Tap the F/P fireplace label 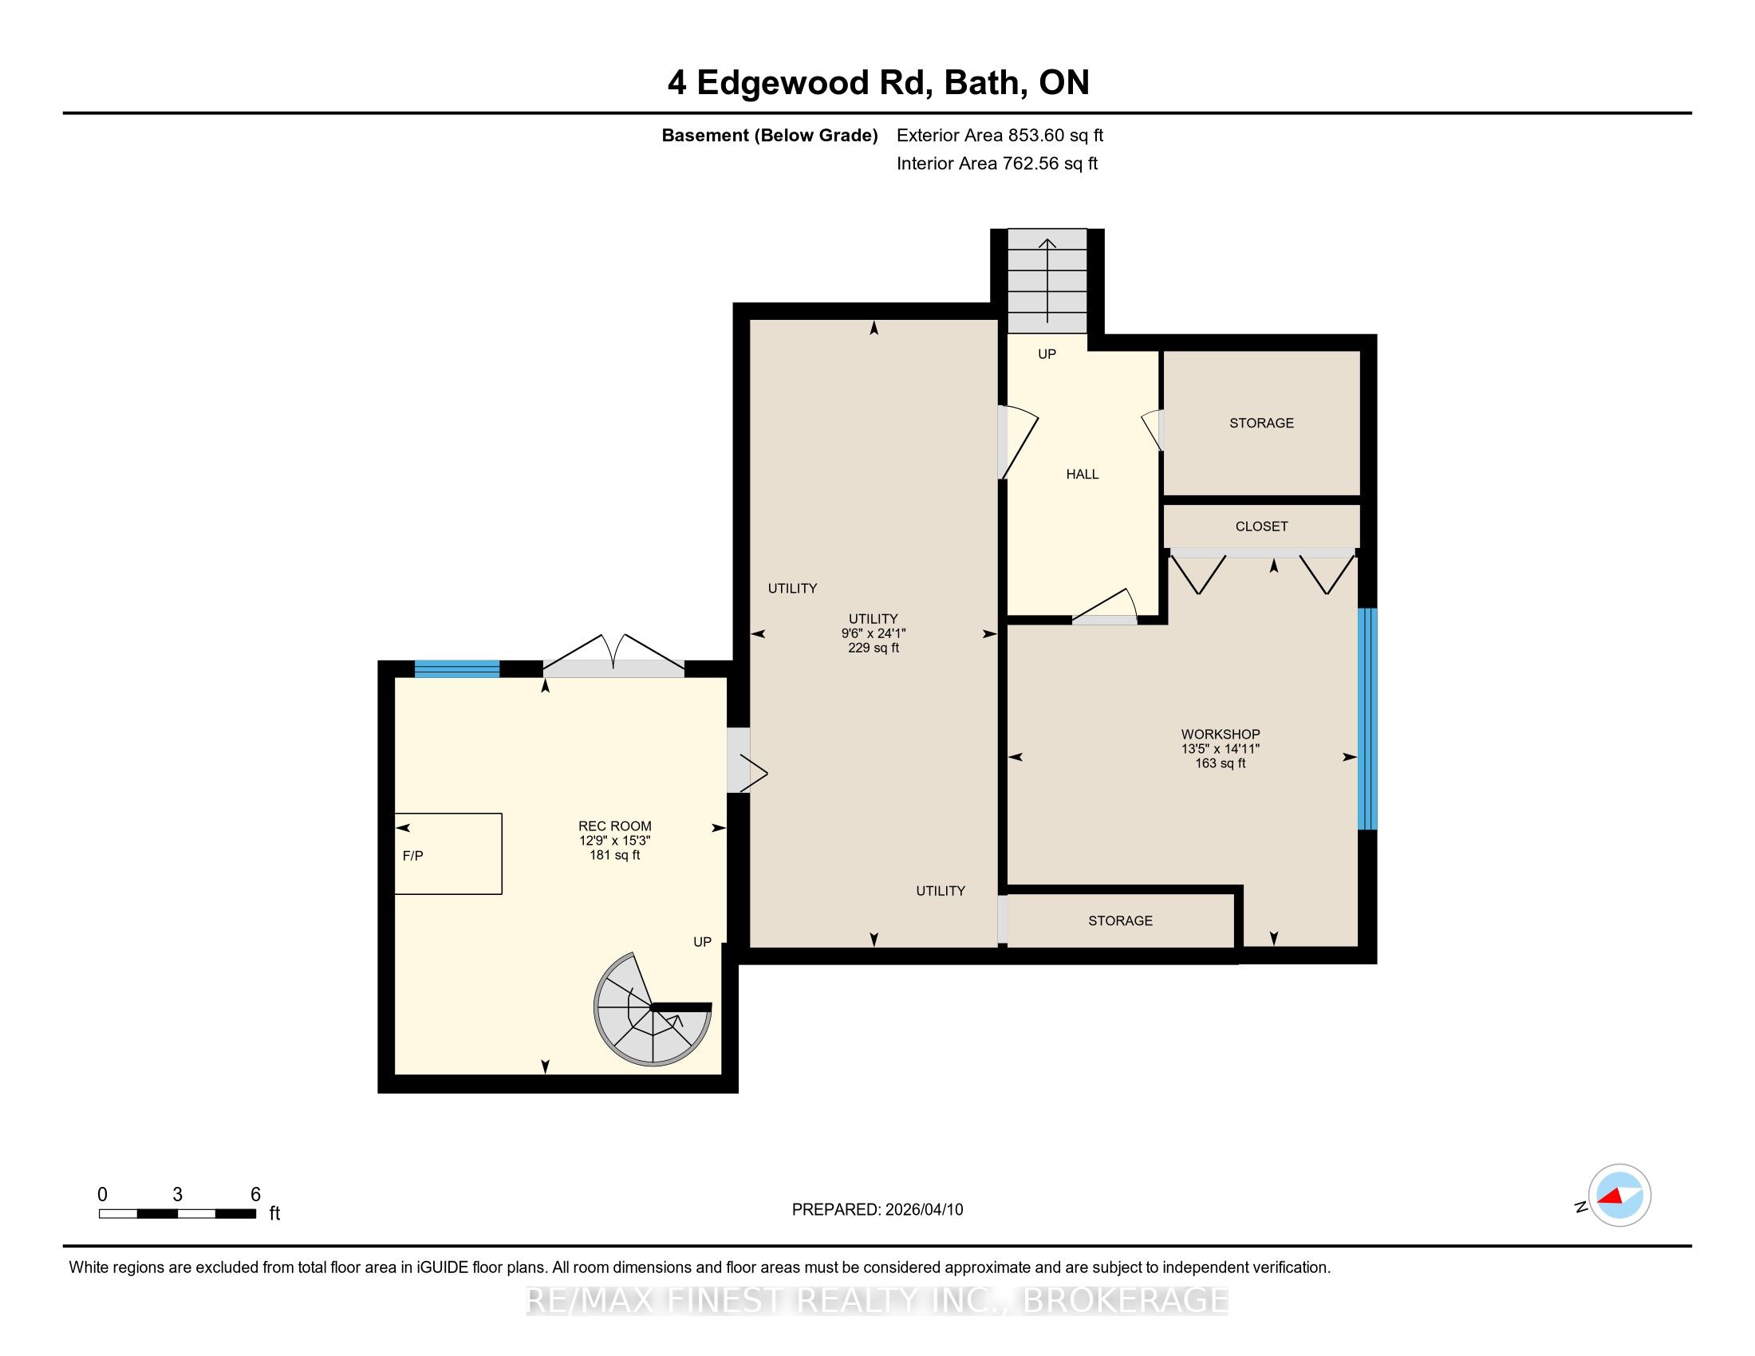tap(413, 857)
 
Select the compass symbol tap(1619, 1196)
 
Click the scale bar tap(178, 1214)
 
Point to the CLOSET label tap(1262, 527)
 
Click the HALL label tap(1083, 475)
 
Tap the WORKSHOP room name tap(1221, 734)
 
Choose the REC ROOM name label tap(615, 826)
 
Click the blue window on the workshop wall tap(1367, 719)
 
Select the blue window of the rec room tap(457, 669)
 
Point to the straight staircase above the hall tap(1047, 281)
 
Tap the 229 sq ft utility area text tap(874, 648)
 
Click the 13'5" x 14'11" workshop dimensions tap(1221, 749)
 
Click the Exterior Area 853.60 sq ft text tap(1000, 136)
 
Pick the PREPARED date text tap(877, 1210)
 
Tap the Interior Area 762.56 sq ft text tap(997, 164)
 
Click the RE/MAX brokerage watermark tap(877, 1301)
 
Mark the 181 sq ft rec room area tap(615, 856)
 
